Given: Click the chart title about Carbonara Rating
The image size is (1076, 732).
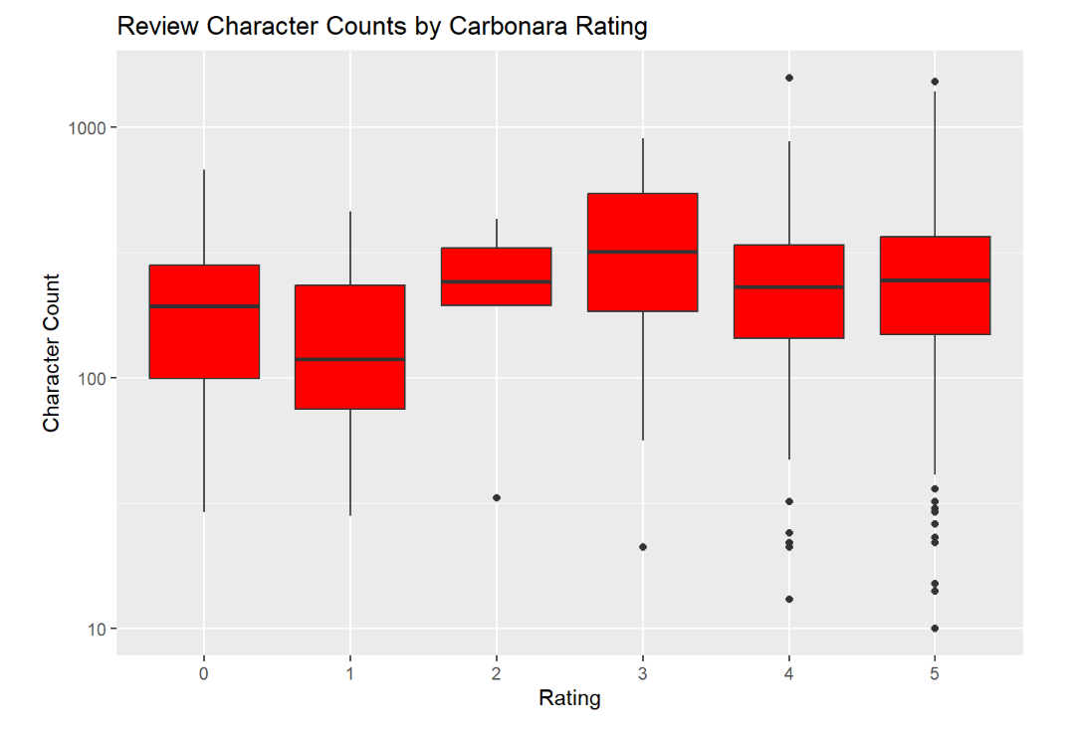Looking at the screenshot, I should pos(382,26).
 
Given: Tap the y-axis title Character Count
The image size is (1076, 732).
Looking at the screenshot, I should pos(52,353).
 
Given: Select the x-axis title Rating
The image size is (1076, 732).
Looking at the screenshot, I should pos(569,698).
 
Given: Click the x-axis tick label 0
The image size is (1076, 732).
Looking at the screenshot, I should pos(204,673).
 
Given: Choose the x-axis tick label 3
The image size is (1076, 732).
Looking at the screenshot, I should pos(643,673).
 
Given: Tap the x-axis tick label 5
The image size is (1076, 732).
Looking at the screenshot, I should pos(935,673).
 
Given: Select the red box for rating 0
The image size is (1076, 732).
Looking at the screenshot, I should pos(204,338).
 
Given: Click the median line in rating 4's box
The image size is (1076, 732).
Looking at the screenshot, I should pos(789,287).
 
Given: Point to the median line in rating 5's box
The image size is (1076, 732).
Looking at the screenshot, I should pos(935,280).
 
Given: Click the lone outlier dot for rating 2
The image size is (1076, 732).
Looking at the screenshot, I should pos(497,497).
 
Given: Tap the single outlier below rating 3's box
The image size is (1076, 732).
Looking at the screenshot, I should pos(643,547).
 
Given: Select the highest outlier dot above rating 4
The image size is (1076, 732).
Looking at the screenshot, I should pos(789,78).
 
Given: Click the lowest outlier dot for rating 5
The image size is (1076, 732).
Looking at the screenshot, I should pos(935,629).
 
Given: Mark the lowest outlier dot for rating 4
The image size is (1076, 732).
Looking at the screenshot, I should pos(789,599).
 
